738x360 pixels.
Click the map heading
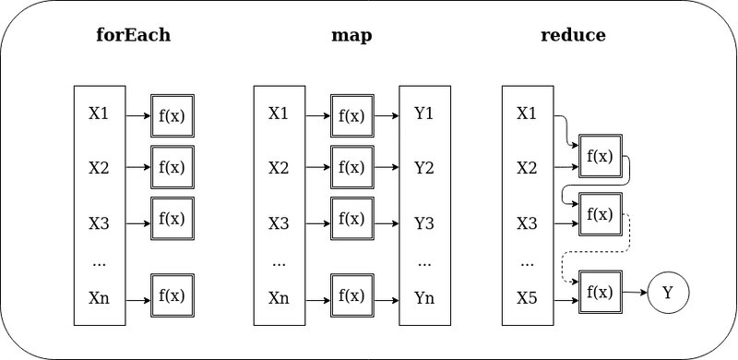tap(351, 36)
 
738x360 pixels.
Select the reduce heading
tap(573, 36)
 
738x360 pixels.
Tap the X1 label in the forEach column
tap(99, 114)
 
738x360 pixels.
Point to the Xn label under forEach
tap(99, 297)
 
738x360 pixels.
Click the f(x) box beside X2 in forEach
tap(173, 168)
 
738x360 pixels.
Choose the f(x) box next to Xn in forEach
tap(173, 297)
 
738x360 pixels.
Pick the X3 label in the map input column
tap(279, 223)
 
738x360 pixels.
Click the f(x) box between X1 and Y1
tap(351, 116)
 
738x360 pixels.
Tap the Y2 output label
tap(424, 168)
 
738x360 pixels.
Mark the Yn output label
tap(424, 297)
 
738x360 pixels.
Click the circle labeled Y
tap(667, 294)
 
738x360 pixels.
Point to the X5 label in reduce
tap(527, 297)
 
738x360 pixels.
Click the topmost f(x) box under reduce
tap(600, 157)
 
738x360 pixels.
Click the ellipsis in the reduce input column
tap(527, 263)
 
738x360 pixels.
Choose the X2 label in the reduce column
tap(527, 168)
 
